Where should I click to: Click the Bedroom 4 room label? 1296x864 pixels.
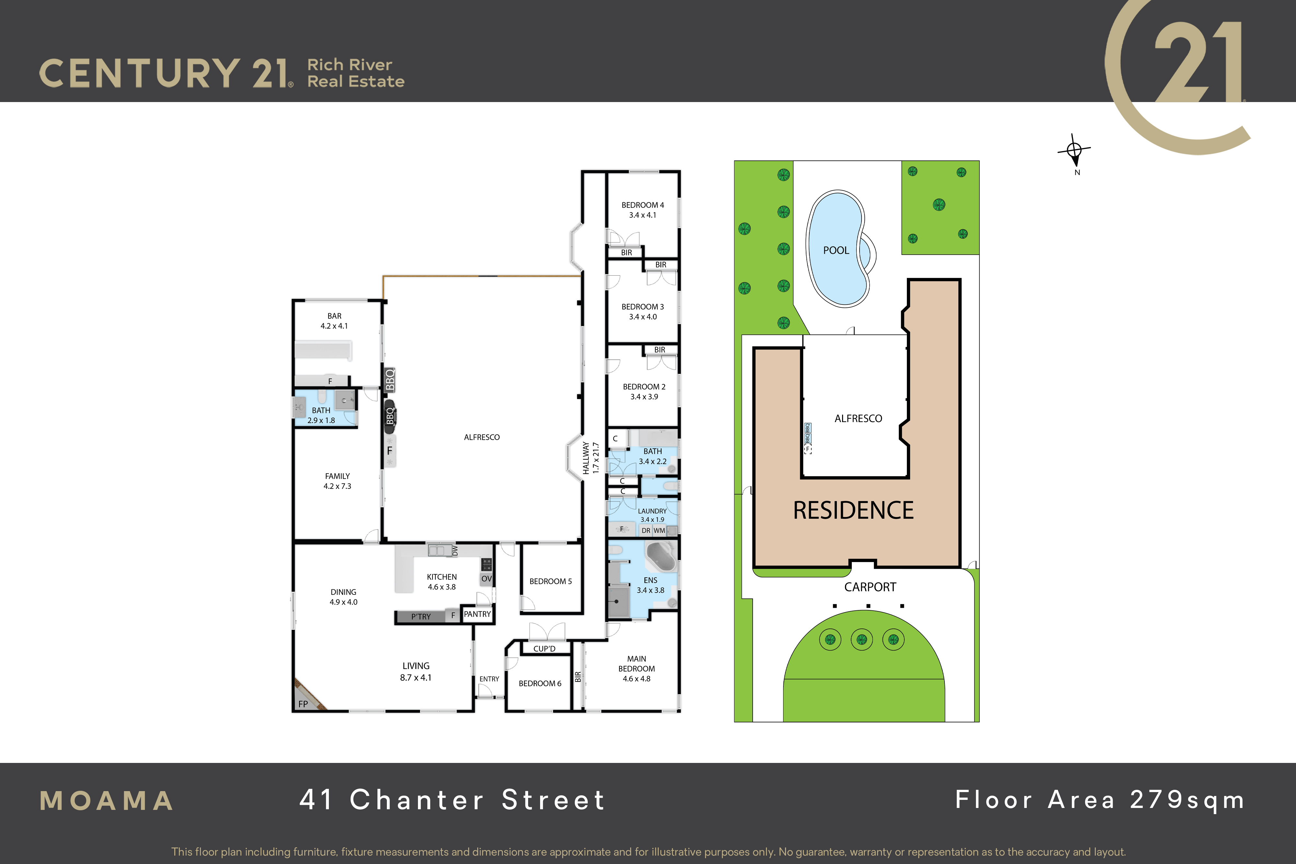[642, 210]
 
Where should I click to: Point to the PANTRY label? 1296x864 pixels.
[477, 614]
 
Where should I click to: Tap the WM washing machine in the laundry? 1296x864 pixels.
[660, 531]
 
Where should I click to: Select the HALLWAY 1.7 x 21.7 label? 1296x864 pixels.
[591, 457]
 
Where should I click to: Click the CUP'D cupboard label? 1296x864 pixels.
[544, 649]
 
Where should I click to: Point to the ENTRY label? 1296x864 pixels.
[489, 679]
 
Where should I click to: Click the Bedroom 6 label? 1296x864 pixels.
[540, 683]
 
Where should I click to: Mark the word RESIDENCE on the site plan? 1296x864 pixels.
[853, 510]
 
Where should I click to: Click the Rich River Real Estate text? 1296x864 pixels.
[356, 73]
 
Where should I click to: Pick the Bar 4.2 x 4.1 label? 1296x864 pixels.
[334, 321]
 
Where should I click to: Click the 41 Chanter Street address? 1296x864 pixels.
[452, 800]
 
